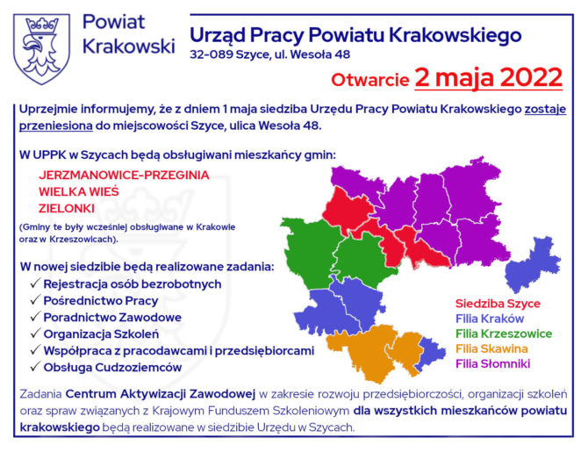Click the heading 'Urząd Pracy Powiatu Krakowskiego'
355,36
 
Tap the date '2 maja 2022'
489,77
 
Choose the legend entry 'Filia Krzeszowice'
503,334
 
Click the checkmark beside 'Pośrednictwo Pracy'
34,301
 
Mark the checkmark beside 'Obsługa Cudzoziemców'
34,368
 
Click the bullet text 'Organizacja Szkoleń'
101,334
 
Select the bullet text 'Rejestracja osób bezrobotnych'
132,284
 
